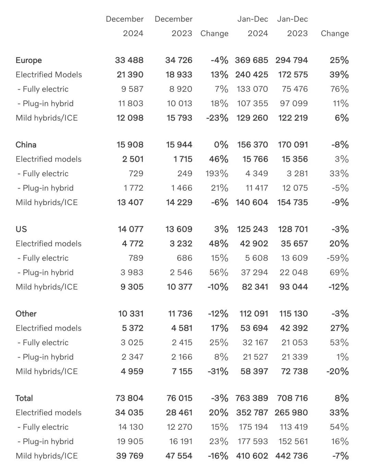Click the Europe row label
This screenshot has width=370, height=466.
(x=29, y=60)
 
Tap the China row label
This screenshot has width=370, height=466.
(x=26, y=145)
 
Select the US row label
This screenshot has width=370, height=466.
(x=21, y=229)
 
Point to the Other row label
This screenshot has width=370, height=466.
(x=26, y=313)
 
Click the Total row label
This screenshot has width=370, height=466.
(x=24, y=398)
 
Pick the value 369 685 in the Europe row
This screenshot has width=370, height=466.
(x=251, y=60)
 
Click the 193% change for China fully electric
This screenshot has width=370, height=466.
(x=217, y=174)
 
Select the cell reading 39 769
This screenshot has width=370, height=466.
(x=130, y=456)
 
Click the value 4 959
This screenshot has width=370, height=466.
(x=132, y=371)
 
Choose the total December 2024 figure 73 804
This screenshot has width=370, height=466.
(x=129, y=398)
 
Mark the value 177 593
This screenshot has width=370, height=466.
(x=253, y=441)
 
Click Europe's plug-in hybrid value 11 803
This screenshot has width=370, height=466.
(x=130, y=104)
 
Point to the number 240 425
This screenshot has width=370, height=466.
(x=251, y=75)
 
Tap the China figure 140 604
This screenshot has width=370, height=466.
(x=252, y=202)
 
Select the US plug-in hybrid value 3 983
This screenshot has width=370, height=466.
(x=132, y=272)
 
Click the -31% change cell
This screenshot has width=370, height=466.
(x=218, y=371)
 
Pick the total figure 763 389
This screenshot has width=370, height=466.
(x=251, y=398)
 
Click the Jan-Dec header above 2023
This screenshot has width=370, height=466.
(x=292, y=19)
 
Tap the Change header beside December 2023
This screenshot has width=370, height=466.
(x=214, y=34)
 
